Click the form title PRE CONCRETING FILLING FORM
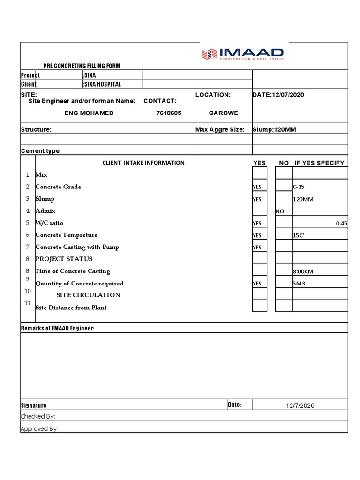click(82, 66)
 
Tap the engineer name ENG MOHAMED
click(88, 113)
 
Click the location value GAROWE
click(223, 113)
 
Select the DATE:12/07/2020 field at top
click(278, 95)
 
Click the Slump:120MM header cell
click(274, 129)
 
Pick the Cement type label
click(40, 151)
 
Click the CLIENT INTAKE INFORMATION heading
click(143, 163)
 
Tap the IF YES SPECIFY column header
click(319, 163)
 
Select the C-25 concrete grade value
click(299, 187)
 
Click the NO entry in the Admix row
click(280, 211)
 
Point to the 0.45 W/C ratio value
click(341, 223)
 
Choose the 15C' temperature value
click(299, 235)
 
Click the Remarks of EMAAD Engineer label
click(58, 328)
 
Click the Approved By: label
click(40, 428)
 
